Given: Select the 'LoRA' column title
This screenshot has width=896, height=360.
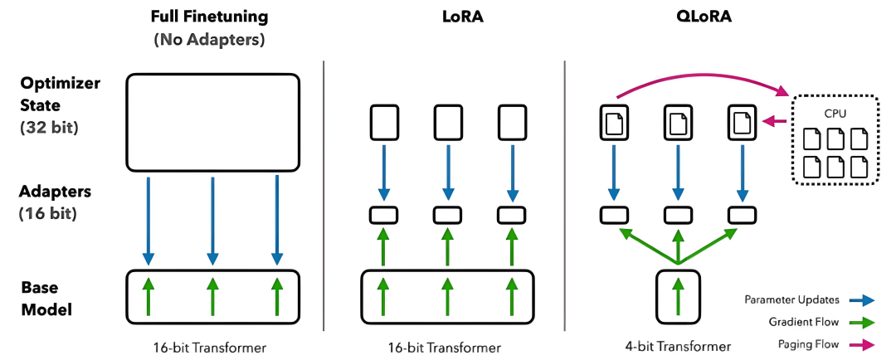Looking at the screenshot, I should tap(446, 17).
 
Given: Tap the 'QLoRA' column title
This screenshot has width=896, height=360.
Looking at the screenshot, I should tap(678, 17).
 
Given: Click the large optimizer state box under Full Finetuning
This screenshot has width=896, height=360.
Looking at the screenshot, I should tap(212, 122).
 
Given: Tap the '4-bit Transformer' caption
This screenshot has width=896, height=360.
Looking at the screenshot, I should tap(679, 346).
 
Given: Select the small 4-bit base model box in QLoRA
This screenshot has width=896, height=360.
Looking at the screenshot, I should tap(679, 295).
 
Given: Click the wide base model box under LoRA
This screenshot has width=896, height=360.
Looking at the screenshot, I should tap(446, 295).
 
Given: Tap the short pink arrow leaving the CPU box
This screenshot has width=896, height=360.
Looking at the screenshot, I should tap(775, 123).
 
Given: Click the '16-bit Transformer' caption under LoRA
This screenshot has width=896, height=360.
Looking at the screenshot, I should tap(446, 346).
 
